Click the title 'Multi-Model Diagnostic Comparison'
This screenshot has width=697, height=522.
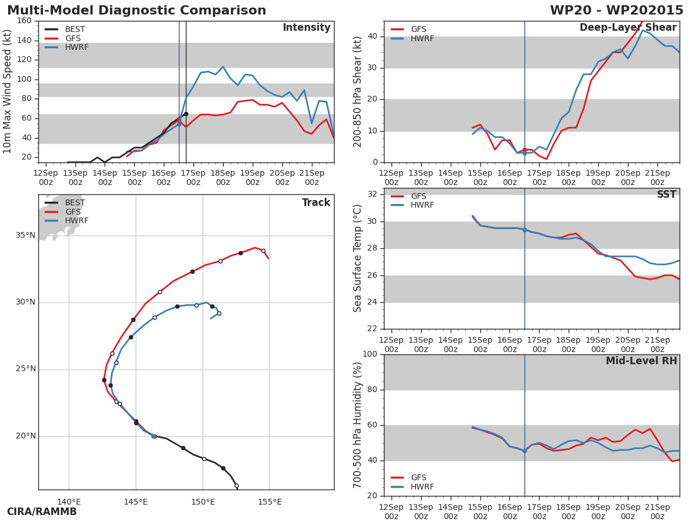click(136, 10)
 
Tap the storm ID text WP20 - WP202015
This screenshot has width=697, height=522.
click(616, 10)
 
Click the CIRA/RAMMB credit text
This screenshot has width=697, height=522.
click(42, 512)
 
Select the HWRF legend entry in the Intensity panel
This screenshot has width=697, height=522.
click(76, 48)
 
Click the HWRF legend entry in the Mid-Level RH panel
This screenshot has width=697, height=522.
click(422, 487)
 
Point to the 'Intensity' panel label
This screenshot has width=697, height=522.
click(306, 28)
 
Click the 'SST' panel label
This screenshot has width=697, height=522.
click(666, 195)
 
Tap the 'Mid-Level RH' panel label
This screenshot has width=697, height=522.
click(641, 361)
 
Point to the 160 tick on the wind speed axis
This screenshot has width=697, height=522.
click(24, 21)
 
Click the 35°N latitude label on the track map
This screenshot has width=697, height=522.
click(26, 235)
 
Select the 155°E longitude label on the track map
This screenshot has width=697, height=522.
click(270, 502)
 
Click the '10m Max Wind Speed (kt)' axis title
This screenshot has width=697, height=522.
click(8, 92)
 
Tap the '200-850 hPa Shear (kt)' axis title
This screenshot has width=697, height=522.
click(358, 92)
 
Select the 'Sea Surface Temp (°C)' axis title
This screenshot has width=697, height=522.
click(358, 259)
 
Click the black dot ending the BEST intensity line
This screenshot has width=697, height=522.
click(186, 114)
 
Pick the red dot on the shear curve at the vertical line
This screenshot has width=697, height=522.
click(524, 150)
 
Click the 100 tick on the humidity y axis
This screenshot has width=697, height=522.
click(369, 354)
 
